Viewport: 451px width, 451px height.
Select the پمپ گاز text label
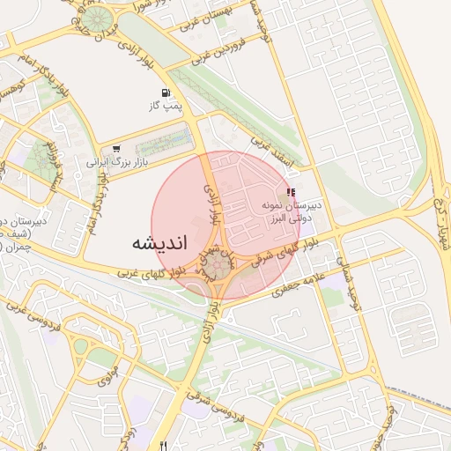tap(165, 106)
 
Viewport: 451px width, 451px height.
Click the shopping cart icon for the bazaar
tap(116, 150)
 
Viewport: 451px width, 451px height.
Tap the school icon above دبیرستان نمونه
tap(291, 192)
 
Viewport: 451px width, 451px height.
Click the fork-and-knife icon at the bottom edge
tap(163, 445)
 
